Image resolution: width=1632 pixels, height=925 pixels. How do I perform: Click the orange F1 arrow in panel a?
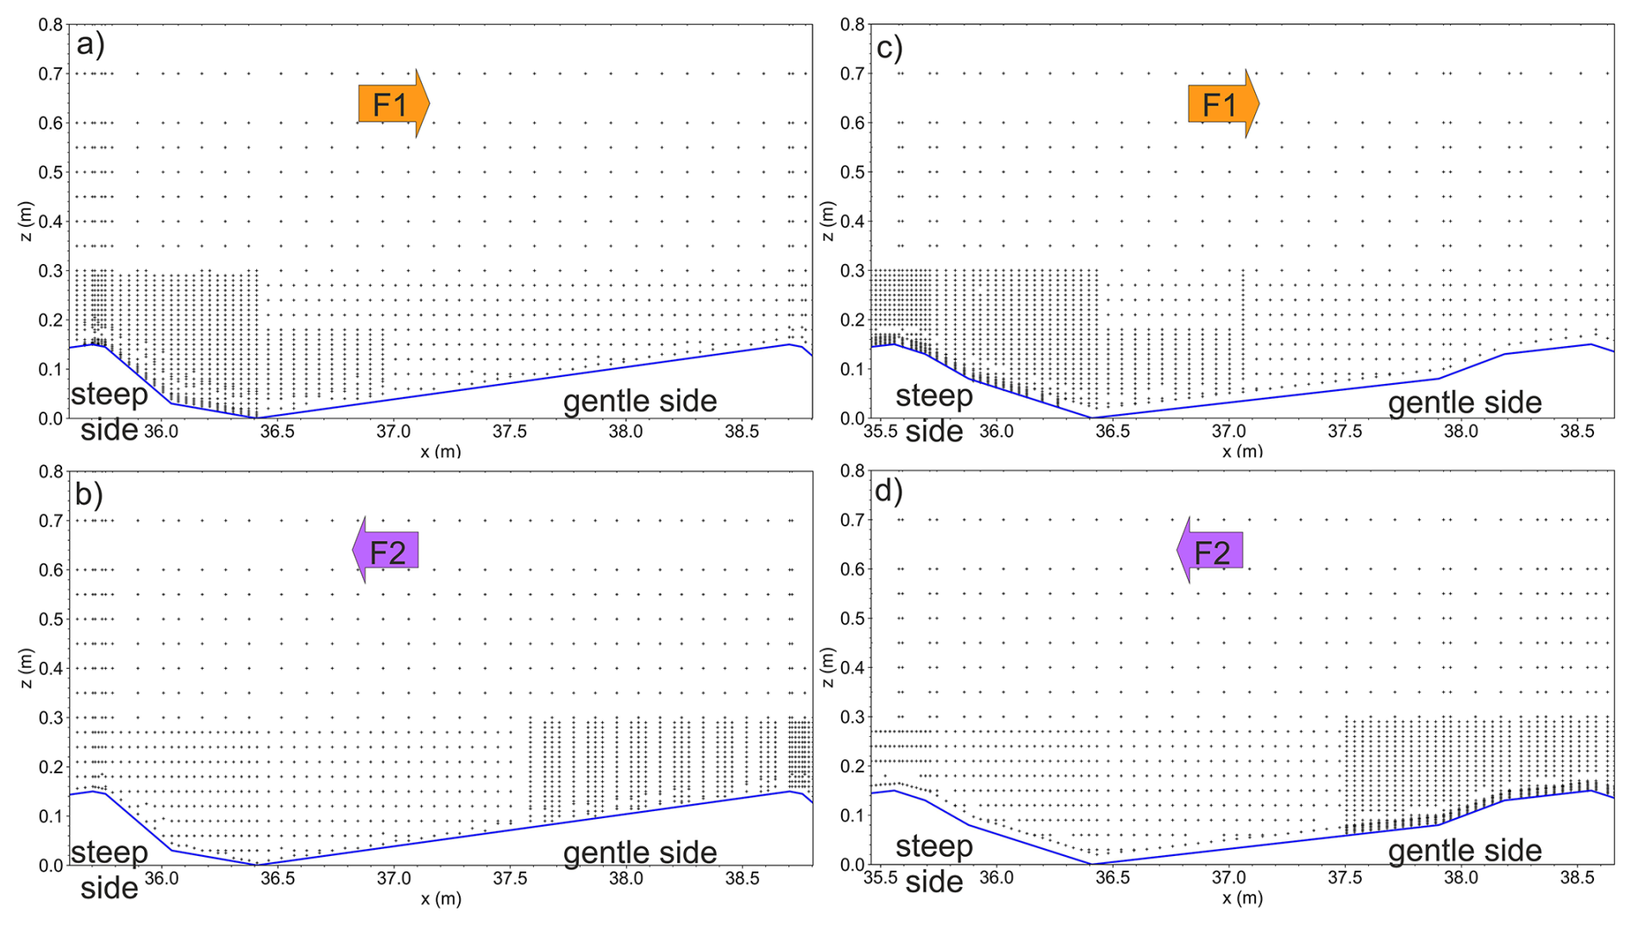pos(392,104)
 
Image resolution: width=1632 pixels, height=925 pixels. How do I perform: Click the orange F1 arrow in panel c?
pos(1222,104)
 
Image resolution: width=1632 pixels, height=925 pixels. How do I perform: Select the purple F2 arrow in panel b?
pos(386,551)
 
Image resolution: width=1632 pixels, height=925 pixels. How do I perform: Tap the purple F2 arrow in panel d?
pos(1210,551)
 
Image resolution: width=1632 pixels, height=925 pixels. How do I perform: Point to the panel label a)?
pos(91,43)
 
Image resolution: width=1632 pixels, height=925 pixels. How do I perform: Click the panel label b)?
pos(90,493)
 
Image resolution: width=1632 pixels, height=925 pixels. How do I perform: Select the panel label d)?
pos(888,490)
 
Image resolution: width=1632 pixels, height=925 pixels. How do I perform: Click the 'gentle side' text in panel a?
pos(639,401)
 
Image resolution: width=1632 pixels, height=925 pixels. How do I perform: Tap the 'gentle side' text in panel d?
pos(1464,851)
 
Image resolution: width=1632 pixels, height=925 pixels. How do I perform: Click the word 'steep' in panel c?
pos(934,396)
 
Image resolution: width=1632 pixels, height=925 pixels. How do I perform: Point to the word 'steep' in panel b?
pos(110,853)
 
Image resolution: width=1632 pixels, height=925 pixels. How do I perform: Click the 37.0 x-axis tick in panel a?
pos(393,431)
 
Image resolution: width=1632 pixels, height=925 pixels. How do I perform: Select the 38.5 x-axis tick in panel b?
pos(742,878)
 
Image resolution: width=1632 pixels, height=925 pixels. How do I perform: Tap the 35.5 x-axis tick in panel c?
pos(880,431)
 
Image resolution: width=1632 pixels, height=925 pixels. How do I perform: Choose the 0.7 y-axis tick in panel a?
pos(51,74)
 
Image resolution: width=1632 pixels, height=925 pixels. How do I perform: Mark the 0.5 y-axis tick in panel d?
pos(853,618)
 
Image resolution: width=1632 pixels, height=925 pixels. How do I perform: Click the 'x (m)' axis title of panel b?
pos(441,899)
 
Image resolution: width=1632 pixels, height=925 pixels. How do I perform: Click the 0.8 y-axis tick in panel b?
pos(51,471)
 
